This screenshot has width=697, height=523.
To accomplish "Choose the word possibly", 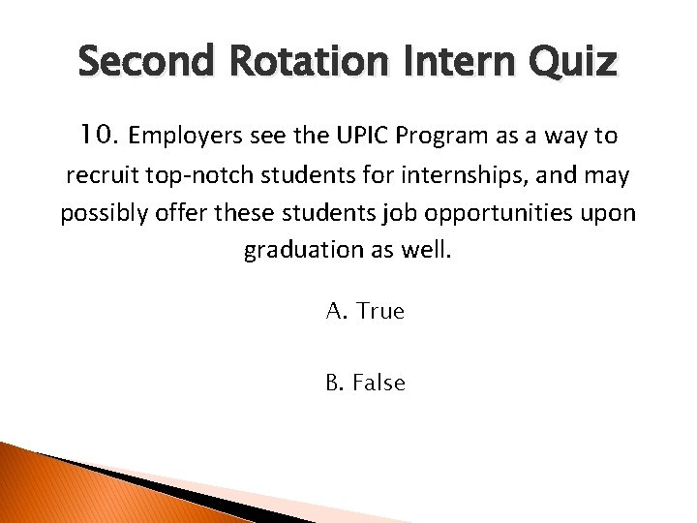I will pyautogui.click(x=101, y=213).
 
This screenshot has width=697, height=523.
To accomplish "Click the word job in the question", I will pyautogui.click(x=410, y=213).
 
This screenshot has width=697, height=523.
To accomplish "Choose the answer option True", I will pyautogui.click(x=380, y=311).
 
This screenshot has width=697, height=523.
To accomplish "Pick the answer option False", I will pyautogui.click(x=379, y=383).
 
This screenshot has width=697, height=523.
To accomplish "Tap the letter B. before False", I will pyautogui.click(x=336, y=383).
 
